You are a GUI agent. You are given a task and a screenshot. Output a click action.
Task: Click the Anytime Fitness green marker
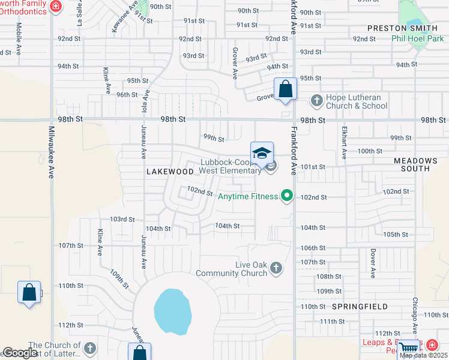point(287,196)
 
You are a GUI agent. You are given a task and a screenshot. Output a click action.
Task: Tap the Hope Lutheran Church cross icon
point(316,100)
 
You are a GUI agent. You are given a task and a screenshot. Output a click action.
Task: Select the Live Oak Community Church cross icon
point(276,268)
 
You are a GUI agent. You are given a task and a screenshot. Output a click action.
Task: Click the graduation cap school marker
point(262,155)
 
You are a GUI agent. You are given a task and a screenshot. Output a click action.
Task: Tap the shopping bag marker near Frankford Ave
point(286,91)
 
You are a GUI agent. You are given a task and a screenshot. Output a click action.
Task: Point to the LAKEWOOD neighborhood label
point(170,172)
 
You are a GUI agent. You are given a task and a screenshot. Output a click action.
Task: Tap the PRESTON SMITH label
point(396,28)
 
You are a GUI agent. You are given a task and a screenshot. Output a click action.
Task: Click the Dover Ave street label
point(373,263)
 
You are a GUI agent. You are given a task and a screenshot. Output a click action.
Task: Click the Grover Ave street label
point(235,63)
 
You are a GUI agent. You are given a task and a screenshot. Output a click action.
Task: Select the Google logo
point(20,353)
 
